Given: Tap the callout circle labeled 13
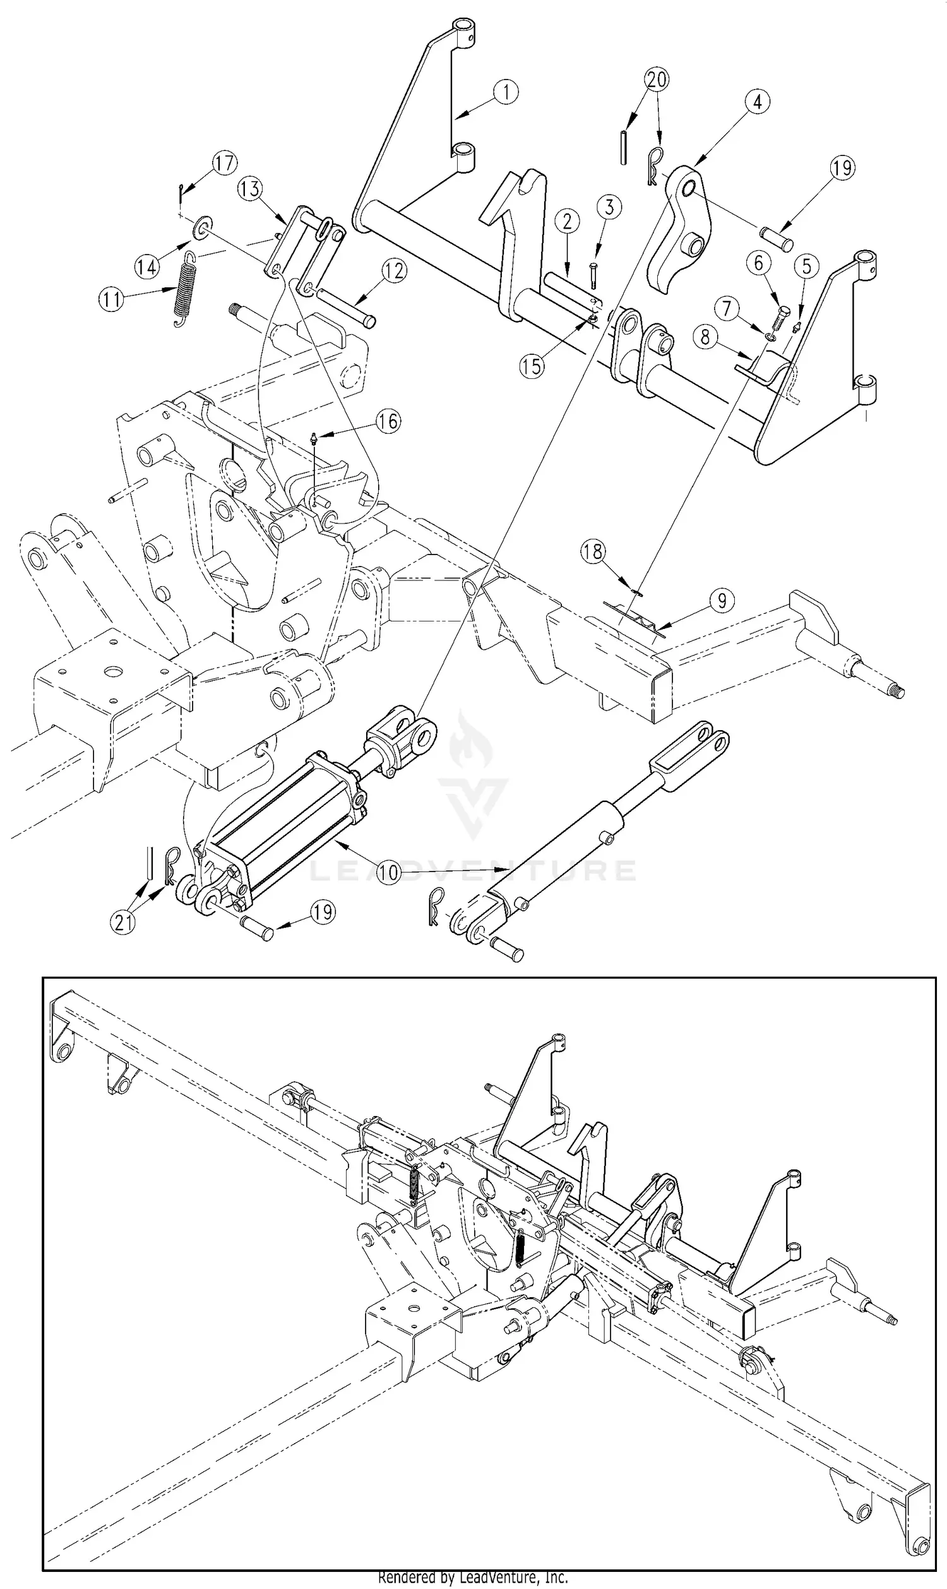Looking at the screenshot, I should pos(251,189).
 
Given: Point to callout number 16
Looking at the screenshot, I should pos(388,421).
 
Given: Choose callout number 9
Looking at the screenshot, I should pos(721,601).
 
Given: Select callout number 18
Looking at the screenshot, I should pos(593,551).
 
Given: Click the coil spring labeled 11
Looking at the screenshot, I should pos(184,289).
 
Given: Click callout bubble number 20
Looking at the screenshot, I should pos(657,80).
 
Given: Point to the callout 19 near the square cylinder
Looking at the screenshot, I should pos(322,912).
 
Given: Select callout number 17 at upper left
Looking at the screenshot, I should pos(224,164).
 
